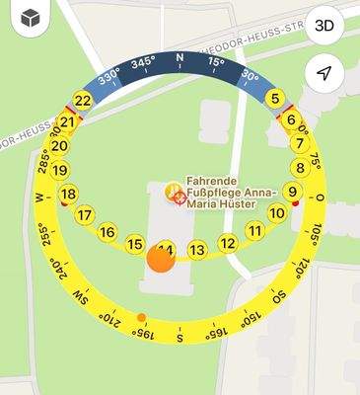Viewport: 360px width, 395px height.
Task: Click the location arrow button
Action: click(324, 73)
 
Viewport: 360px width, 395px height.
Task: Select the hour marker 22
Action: click(83, 100)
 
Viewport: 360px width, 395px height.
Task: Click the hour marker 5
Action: click(276, 97)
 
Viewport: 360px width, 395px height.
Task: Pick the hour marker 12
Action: click(228, 243)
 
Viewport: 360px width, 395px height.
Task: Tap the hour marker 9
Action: click(292, 192)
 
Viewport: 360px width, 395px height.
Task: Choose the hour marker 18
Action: click(68, 194)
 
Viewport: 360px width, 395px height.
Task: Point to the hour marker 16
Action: click(108, 232)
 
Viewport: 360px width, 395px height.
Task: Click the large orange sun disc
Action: click(160, 260)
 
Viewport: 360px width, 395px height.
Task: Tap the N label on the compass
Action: click(180, 60)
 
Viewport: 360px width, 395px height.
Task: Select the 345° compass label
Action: click(144, 63)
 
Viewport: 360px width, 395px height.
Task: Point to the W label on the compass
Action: click(39, 197)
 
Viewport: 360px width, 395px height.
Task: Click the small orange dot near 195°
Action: click(142, 318)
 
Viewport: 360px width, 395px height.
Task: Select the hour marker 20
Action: click(59, 145)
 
